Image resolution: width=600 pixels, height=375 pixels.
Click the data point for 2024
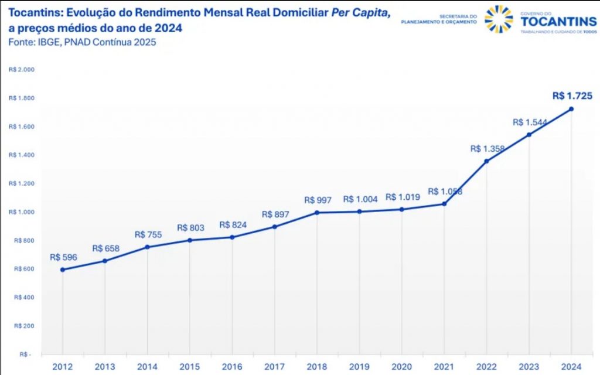571,109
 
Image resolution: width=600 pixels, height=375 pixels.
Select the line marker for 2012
63,270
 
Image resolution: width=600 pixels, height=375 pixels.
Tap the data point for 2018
317,212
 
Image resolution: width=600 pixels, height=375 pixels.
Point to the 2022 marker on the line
486,161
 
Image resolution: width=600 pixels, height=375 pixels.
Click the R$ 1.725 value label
572,96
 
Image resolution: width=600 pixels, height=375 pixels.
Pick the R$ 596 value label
63,257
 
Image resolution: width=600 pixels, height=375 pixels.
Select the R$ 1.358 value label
486,149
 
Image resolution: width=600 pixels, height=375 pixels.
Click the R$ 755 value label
148,234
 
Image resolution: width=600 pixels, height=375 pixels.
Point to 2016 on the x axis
233,366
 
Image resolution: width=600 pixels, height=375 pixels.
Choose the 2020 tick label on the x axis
402,366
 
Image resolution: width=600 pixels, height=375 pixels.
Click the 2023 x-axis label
529,366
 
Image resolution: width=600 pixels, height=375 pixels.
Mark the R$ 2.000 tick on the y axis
22,70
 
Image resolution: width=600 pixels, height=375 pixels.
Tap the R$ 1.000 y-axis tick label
22,212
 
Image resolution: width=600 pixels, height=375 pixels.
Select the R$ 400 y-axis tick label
23,298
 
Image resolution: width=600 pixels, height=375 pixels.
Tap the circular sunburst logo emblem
499,19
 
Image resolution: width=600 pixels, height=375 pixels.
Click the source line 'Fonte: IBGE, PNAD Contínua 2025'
82,42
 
